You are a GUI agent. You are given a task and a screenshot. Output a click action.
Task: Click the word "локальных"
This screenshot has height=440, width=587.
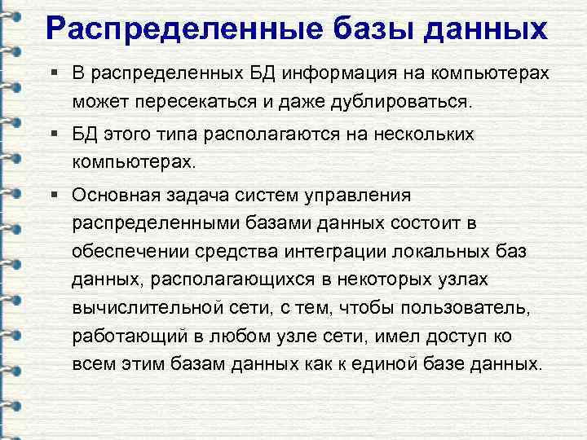click(x=479, y=251)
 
